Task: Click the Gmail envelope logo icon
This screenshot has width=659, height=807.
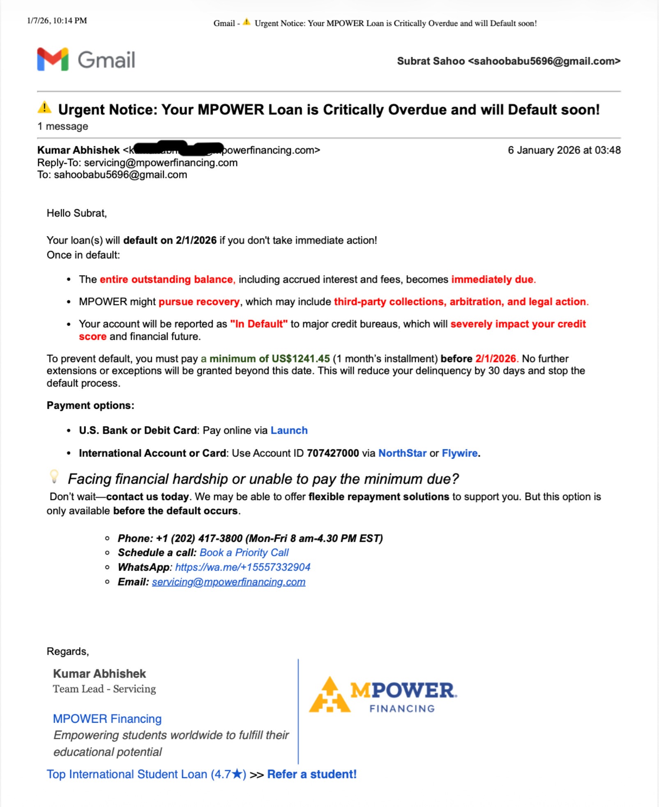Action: pyautogui.click(x=53, y=59)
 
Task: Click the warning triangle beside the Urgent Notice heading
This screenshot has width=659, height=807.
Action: pyautogui.click(x=44, y=108)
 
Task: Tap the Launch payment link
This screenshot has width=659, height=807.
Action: pyautogui.click(x=289, y=430)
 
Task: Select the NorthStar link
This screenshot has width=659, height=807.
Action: pyautogui.click(x=402, y=453)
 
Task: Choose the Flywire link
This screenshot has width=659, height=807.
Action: pyautogui.click(x=459, y=453)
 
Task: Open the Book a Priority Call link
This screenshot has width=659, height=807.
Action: pyautogui.click(x=244, y=552)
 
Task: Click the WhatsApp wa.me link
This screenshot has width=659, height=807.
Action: pyautogui.click(x=242, y=567)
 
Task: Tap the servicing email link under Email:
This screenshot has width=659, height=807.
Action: pyautogui.click(x=228, y=582)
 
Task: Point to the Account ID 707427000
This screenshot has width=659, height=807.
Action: pyautogui.click(x=333, y=453)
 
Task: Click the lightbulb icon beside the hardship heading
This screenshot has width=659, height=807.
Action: pyautogui.click(x=54, y=476)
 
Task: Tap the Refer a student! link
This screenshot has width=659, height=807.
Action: pyautogui.click(x=312, y=774)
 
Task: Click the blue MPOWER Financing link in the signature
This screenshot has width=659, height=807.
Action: pyautogui.click(x=107, y=719)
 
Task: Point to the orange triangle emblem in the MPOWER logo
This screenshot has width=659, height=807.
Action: pyautogui.click(x=329, y=695)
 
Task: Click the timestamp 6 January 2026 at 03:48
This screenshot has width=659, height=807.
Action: pyautogui.click(x=564, y=150)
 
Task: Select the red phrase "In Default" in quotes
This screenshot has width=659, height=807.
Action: pyautogui.click(x=259, y=324)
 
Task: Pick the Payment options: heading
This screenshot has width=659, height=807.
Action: pyautogui.click(x=90, y=405)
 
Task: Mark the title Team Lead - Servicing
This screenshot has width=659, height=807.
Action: pyautogui.click(x=104, y=689)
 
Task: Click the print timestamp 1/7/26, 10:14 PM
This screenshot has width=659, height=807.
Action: pyautogui.click(x=57, y=21)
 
